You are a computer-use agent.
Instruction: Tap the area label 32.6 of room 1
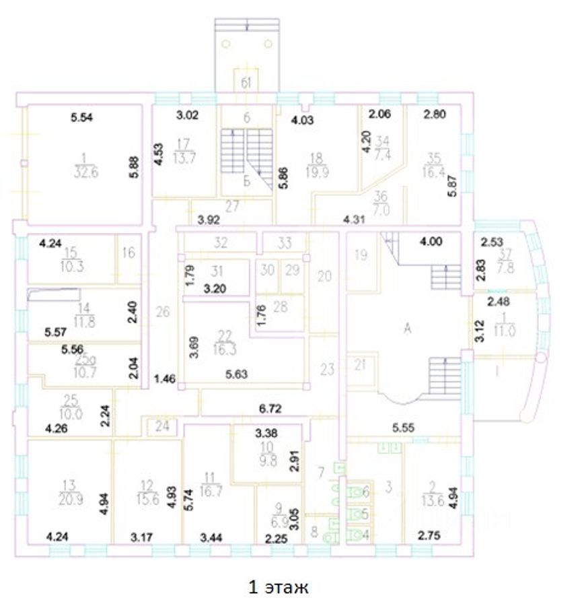click(84, 170)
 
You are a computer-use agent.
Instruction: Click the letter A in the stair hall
click(406, 329)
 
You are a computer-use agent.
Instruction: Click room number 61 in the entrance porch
click(247, 83)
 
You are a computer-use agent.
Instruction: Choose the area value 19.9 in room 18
click(317, 171)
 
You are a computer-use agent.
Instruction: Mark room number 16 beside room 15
click(129, 253)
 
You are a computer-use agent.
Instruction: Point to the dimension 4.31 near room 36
click(354, 218)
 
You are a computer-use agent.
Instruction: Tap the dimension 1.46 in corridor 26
click(165, 378)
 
